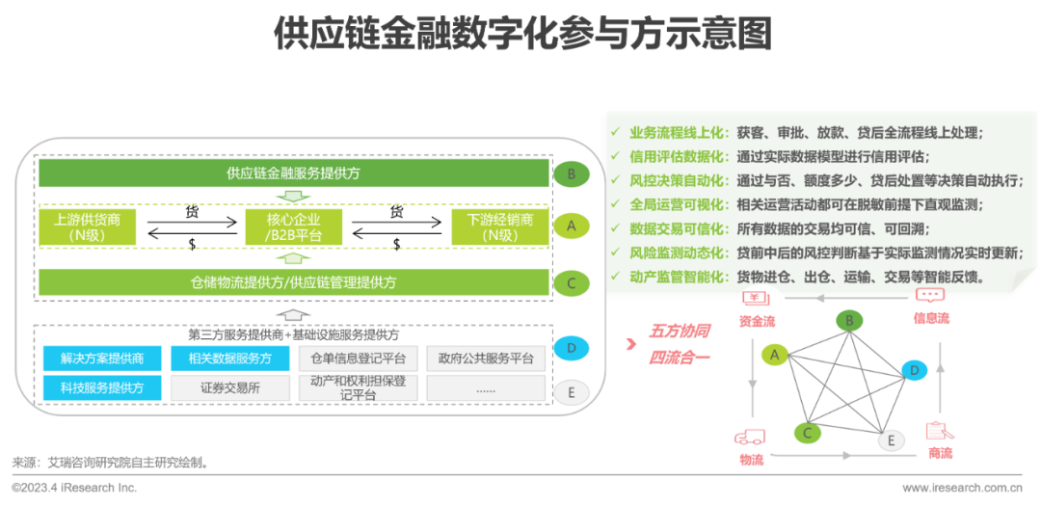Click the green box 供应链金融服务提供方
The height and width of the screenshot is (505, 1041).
coord(293,174)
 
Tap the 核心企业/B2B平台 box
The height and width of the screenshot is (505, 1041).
coord(294,226)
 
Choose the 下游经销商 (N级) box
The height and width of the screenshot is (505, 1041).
coord(499,226)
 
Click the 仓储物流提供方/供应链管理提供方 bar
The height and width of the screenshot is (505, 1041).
coord(293,282)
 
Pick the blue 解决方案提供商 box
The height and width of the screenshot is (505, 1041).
coord(101,359)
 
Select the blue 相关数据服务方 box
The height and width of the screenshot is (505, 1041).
coord(228,359)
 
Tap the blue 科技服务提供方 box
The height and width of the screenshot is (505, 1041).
coord(101,387)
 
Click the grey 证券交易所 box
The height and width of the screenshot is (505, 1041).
coord(228,387)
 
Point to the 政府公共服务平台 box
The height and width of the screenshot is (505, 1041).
coord(485,359)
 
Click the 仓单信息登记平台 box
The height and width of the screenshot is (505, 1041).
coord(358,359)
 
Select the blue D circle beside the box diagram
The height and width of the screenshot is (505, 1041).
coord(572,347)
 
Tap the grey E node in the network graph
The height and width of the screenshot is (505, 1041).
coord(891,440)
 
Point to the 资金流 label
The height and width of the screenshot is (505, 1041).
coord(758,320)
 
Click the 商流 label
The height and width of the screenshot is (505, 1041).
coord(940,453)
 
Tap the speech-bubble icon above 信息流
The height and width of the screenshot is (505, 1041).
coord(929,296)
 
